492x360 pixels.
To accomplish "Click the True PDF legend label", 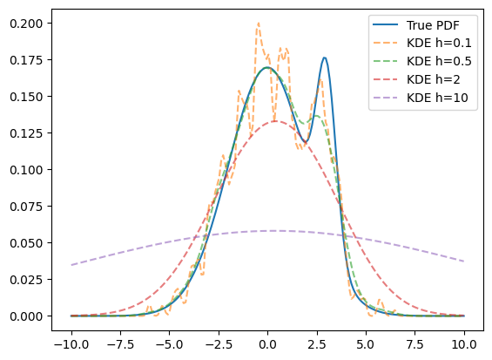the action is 433,25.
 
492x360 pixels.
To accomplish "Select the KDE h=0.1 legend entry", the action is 439,43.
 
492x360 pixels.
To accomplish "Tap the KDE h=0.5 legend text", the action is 439,61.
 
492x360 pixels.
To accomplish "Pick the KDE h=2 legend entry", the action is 434,79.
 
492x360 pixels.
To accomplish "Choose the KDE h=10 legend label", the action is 437,98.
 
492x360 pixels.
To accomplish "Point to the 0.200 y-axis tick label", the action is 26,24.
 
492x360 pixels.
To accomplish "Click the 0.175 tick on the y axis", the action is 26,60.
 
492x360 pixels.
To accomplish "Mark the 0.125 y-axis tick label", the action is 26,133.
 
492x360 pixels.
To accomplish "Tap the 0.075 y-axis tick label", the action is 26,207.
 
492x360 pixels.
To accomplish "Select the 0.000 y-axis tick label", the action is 26,316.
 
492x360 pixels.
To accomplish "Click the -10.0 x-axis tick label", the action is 71,344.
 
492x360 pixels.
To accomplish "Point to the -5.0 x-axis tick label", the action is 170,344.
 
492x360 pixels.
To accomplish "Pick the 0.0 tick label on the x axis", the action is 267,344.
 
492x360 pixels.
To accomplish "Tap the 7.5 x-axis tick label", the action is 415,344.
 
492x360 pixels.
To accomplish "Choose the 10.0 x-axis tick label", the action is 464,344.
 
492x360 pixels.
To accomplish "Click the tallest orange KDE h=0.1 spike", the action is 259,23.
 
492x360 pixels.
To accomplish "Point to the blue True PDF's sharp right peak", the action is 325,58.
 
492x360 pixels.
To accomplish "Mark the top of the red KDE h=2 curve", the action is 275,121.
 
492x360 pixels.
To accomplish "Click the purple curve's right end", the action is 464,262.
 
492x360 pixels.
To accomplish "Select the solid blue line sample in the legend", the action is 385,24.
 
